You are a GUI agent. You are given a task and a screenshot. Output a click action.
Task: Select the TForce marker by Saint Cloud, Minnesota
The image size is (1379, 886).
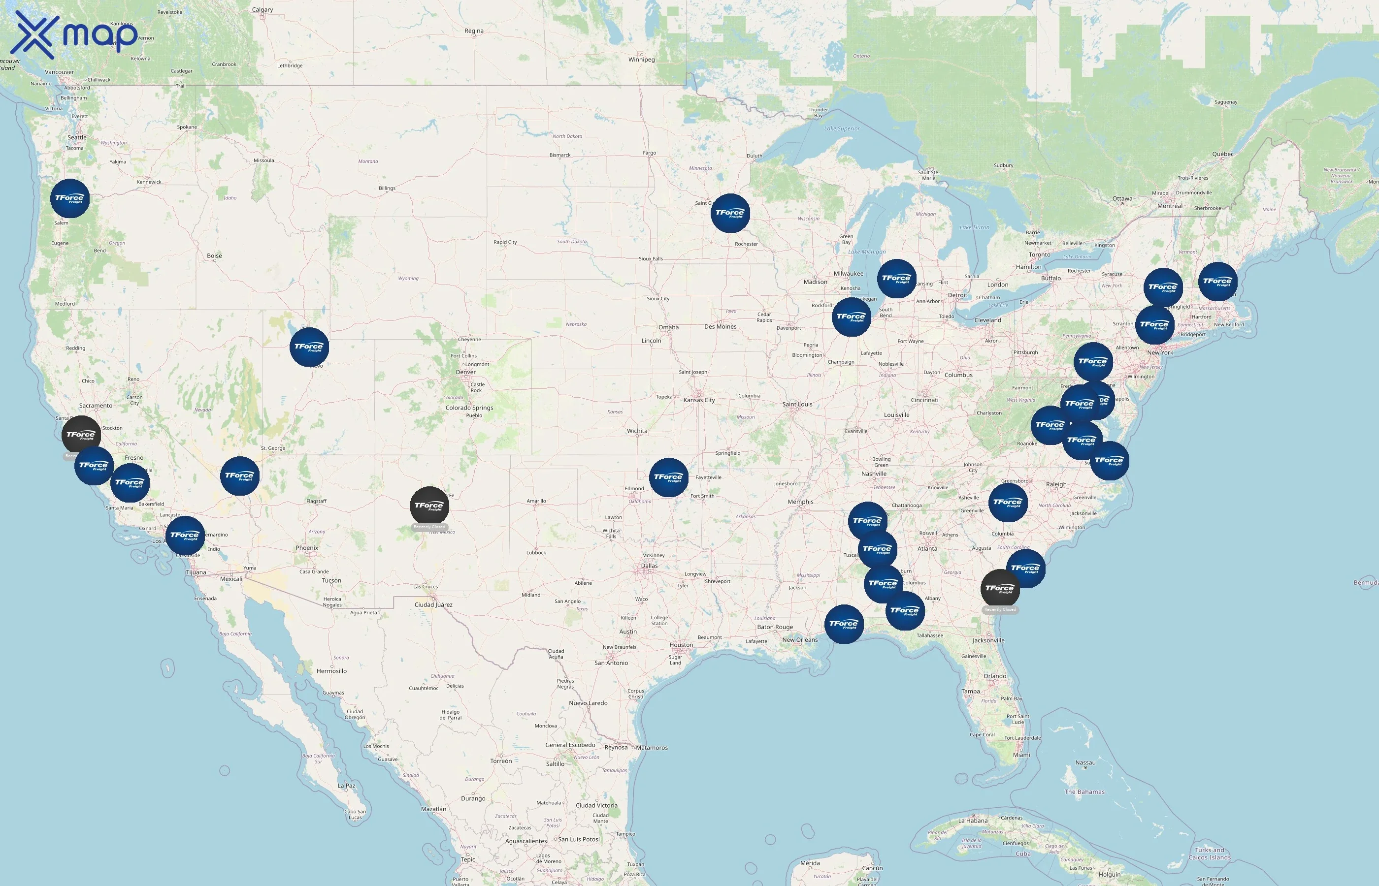[730, 213]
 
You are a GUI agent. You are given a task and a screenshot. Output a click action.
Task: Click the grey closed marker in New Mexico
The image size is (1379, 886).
[429, 506]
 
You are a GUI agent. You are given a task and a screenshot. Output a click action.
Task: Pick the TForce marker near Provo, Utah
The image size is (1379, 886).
[309, 347]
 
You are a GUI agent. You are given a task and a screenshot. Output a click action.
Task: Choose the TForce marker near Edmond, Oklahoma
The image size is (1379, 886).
[668, 477]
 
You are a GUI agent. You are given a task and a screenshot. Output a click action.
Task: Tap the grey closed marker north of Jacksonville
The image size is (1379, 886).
[1000, 589]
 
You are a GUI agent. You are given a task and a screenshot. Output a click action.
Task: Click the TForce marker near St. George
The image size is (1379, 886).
[239, 476]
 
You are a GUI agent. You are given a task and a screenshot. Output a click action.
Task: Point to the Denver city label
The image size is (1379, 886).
[465, 372]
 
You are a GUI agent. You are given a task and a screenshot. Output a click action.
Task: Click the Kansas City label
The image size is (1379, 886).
[699, 400]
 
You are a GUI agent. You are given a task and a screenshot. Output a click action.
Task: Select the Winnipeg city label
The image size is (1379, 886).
[641, 59]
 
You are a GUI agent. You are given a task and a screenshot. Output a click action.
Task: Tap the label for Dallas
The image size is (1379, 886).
[649, 566]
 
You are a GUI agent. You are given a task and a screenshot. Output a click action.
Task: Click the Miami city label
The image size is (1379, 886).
[1021, 755]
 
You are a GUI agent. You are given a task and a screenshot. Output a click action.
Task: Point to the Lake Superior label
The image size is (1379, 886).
[842, 129]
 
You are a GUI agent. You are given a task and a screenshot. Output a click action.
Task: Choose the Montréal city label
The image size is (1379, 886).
[1170, 206]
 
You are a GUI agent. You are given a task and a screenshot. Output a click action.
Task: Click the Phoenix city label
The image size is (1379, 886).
[307, 548]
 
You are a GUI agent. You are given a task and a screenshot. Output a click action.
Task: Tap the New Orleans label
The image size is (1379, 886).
[799, 640]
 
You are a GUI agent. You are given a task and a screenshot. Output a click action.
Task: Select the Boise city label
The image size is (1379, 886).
[214, 255]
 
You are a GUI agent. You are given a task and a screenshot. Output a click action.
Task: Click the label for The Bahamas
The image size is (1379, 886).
[1084, 791]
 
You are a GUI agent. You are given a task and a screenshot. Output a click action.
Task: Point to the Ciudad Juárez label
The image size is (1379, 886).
[433, 604]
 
